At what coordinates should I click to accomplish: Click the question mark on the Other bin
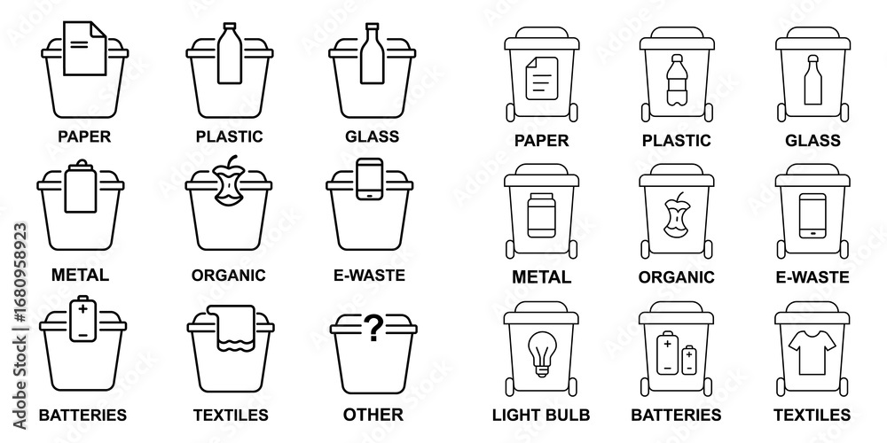(x=373, y=328)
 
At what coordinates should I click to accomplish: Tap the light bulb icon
(x=542, y=354)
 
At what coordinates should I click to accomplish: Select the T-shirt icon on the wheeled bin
(x=812, y=353)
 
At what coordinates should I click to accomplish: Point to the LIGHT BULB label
(x=541, y=415)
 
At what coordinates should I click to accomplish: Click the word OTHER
(x=373, y=414)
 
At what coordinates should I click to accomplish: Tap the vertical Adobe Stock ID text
(x=20, y=326)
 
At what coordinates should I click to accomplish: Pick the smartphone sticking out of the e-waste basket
(x=370, y=179)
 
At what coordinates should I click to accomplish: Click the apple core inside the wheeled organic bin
(x=676, y=215)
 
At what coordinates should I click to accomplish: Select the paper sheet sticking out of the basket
(x=85, y=48)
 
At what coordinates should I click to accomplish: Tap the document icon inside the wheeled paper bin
(x=541, y=79)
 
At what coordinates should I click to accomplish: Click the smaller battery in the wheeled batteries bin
(x=689, y=360)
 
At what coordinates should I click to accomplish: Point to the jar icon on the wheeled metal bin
(x=541, y=215)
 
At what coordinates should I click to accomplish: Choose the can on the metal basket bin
(x=81, y=186)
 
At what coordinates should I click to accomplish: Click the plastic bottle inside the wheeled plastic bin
(x=677, y=80)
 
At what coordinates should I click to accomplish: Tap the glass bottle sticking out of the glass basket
(x=373, y=53)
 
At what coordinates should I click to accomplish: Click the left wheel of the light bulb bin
(x=510, y=386)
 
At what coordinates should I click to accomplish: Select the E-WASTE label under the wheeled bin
(x=812, y=276)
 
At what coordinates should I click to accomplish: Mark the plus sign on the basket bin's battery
(x=83, y=308)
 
